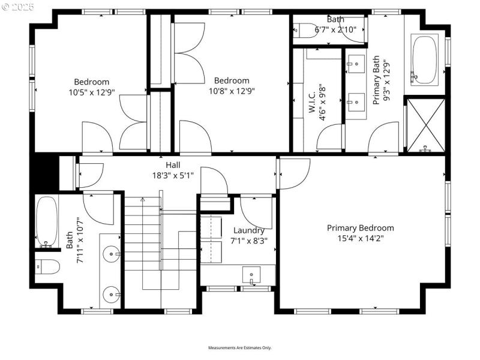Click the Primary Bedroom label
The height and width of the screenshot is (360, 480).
(360, 228)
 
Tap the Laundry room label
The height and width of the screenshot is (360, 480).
(248, 230)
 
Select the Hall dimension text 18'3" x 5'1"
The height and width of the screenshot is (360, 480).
(173, 175)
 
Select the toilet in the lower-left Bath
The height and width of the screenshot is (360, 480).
(48, 266)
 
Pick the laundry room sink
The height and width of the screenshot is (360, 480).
(251, 275)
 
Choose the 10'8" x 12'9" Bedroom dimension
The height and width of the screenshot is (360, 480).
(232, 92)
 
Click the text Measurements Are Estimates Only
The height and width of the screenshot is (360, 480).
(240, 348)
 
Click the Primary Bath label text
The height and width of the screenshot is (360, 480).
(377, 80)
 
